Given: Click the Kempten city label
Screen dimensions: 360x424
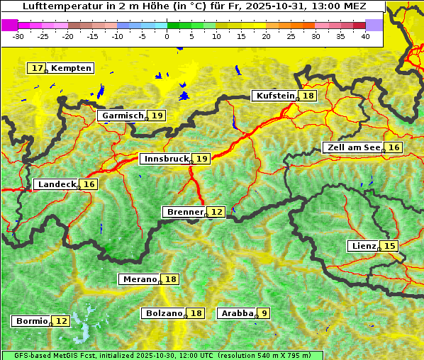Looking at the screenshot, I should pos(72,68).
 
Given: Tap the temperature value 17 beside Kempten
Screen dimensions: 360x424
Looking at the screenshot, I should pos(37,68).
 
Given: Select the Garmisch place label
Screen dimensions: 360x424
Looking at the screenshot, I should pos(123,116).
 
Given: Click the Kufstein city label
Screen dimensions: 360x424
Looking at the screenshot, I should pos(274,96).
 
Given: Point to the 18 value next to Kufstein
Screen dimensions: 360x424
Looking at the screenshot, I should pos(308,96).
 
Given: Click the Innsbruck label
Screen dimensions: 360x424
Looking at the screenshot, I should pos(165,159).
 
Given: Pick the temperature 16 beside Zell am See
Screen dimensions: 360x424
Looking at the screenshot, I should pos(394,147).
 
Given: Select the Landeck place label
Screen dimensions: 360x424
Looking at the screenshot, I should pos(56,184).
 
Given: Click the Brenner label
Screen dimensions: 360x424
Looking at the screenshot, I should pos(184,212).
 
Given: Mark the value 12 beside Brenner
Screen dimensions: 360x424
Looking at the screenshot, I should pos(216,212).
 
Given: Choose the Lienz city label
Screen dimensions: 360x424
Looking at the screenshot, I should pos(363,246).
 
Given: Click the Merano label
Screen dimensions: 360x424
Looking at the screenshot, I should pos(139,279).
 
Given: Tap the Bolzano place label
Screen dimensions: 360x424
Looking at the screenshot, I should pos(164,313).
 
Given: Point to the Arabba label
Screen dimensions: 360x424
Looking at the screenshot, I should pos(237,313).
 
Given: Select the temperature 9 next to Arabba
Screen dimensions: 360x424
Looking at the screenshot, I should pos(264,313).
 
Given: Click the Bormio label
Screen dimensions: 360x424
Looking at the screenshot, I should pos(31,321).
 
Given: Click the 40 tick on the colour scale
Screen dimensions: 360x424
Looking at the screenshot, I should pos(365,35).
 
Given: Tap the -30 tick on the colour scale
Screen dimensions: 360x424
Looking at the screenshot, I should pos(18,35).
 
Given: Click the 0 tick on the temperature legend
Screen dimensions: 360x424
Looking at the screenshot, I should pos(167,35).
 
